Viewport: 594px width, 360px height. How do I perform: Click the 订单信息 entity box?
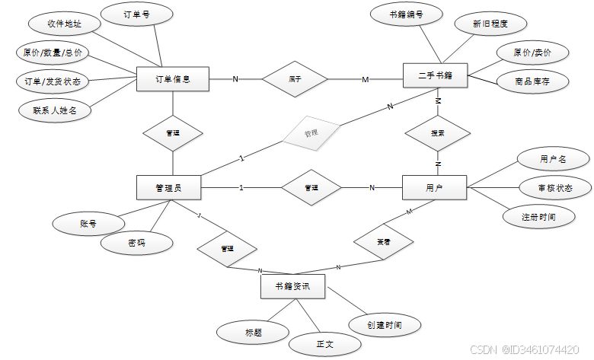pyautogui.click(x=172, y=78)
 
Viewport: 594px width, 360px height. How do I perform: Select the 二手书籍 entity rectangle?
pyautogui.click(x=436, y=75)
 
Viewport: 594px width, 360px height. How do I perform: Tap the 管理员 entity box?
pyautogui.click(x=168, y=187)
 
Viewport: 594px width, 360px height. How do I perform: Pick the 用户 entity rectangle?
pyautogui.click(x=435, y=187)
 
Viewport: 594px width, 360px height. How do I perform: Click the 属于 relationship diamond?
pyautogui.click(x=295, y=78)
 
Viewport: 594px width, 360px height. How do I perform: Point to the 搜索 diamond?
pyautogui.click(x=437, y=132)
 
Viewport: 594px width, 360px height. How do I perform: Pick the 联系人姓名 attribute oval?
pyautogui.click(x=56, y=110)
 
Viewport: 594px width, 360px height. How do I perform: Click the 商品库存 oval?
pyautogui.click(x=533, y=80)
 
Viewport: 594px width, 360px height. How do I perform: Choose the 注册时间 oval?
pyautogui.click(x=538, y=216)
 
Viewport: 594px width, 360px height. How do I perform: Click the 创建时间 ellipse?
pyautogui.click(x=384, y=325)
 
